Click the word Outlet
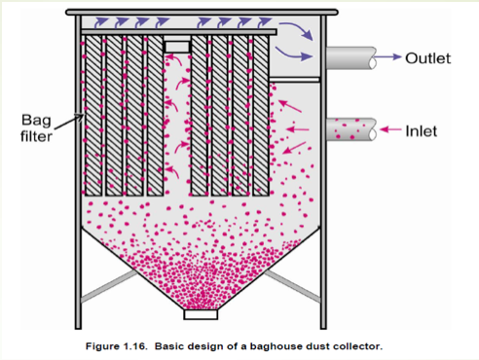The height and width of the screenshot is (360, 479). [x=428, y=58]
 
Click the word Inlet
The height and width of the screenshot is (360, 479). [x=422, y=131]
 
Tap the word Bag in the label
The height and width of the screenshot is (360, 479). [x=36, y=121]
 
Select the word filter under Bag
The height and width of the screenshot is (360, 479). [x=36, y=136]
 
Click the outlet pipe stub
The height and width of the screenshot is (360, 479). [x=351, y=58]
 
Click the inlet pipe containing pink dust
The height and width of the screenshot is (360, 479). [x=351, y=129]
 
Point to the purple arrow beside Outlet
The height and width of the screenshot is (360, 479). [x=387, y=56]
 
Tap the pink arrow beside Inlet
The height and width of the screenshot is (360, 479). [x=390, y=129]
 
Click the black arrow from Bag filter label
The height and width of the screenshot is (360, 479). [x=68, y=122]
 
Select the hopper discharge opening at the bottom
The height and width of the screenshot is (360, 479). [x=201, y=314]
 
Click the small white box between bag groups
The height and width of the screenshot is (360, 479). [x=177, y=47]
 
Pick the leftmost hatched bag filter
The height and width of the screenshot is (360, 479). [x=93, y=116]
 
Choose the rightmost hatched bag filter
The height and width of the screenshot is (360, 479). [x=261, y=116]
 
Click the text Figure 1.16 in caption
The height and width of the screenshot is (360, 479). [x=116, y=346]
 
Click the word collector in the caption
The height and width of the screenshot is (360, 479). [x=356, y=346]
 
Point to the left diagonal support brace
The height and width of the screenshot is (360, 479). [x=109, y=286]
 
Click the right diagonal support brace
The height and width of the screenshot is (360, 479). [x=293, y=286]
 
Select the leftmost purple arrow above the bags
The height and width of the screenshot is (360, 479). [x=101, y=22]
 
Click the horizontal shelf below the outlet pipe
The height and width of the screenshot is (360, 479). [x=294, y=80]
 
